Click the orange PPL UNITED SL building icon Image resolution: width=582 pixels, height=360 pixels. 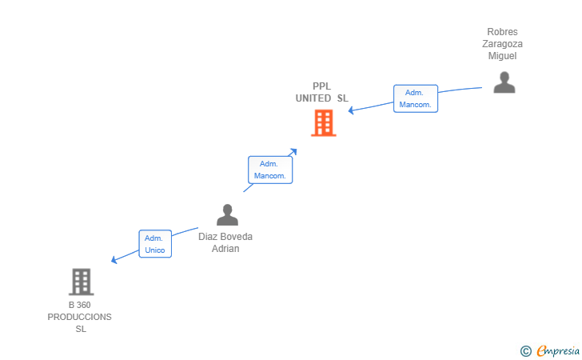click(x=323, y=123)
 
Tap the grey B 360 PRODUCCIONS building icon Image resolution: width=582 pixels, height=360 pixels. click(x=81, y=282)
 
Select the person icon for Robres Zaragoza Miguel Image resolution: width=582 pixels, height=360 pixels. click(x=504, y=82)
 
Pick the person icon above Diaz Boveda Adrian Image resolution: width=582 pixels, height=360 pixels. click(x=227, y=214)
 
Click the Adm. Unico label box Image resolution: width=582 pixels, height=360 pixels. click(x=154, y=244)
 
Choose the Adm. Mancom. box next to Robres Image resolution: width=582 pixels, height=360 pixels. click(x=415, y=98)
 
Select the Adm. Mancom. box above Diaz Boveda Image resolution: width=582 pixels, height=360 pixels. click(x=270, y=169)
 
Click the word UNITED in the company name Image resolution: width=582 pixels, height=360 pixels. click(x=313, y=98)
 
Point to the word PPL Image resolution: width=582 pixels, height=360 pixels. click(x=321, y=86)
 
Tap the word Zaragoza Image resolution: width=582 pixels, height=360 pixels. click(x=502, y=44)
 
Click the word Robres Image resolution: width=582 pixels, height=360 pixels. click(x=502, y=32)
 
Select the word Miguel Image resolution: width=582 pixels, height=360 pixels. click(x=502, y=56)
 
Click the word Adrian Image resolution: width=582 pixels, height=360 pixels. click(x=225, y=249)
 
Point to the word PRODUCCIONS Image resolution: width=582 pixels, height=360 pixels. click(x=80, y=317)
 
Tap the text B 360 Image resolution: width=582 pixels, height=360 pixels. click(x=80, y=306)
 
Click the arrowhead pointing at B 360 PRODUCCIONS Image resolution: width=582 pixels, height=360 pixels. click(x=114, y=260)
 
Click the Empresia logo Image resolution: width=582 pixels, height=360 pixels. click(x=552, y=350)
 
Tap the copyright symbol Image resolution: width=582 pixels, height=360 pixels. click(x=525, y=350)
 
